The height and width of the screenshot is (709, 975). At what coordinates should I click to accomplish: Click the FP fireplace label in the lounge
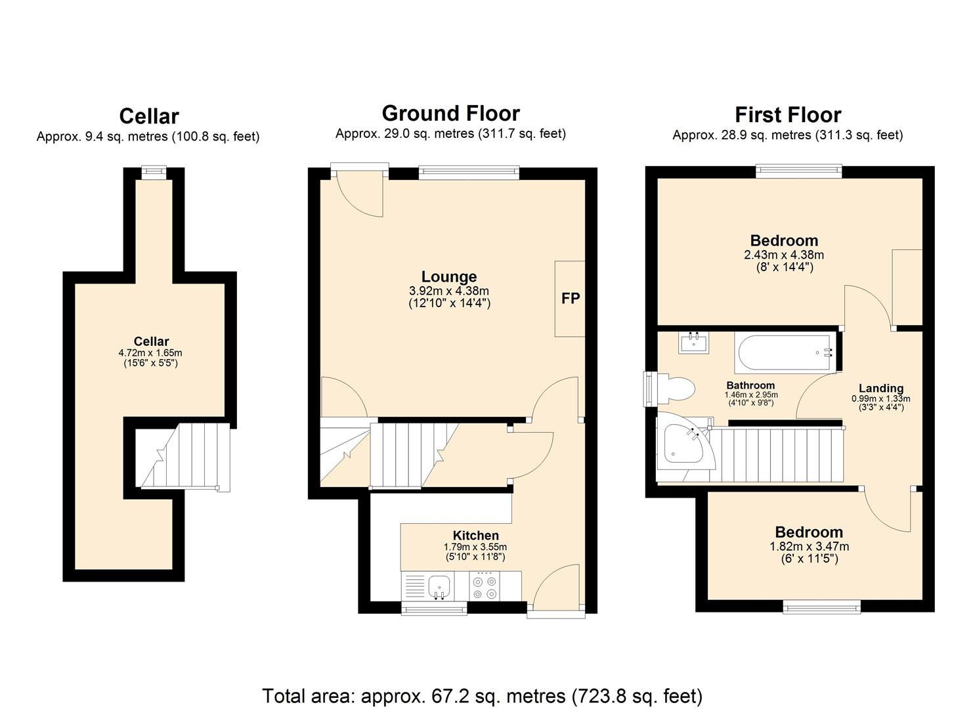[570, 299]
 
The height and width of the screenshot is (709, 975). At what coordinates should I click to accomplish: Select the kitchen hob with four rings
[485, 586]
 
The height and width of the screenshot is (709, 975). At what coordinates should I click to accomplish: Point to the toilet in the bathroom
[676, 388]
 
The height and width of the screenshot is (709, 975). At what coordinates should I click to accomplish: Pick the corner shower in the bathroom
[682, 444]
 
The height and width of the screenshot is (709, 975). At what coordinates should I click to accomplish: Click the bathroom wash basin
[693, 343]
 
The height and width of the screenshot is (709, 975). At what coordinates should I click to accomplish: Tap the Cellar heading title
[149, 116]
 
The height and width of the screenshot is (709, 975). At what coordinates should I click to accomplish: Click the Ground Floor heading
[450, 113]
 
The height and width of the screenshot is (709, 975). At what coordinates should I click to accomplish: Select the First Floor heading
[787, 115]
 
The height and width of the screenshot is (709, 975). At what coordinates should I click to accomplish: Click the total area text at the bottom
[482, 695]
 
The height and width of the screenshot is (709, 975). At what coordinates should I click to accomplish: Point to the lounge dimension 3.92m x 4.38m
[449, 291]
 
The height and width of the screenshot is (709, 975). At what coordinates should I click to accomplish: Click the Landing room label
[880, 388]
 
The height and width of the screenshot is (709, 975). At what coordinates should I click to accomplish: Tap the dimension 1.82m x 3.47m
[809, 546]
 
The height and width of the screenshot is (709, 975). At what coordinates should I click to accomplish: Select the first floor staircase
[775, 454]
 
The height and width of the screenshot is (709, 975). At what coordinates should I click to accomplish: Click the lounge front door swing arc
[360, 197]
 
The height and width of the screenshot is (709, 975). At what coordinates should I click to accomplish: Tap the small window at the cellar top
[154, 172]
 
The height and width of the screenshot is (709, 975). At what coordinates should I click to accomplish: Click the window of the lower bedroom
[821, 607]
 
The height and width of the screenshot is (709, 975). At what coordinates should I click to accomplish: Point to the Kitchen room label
[475, 535]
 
